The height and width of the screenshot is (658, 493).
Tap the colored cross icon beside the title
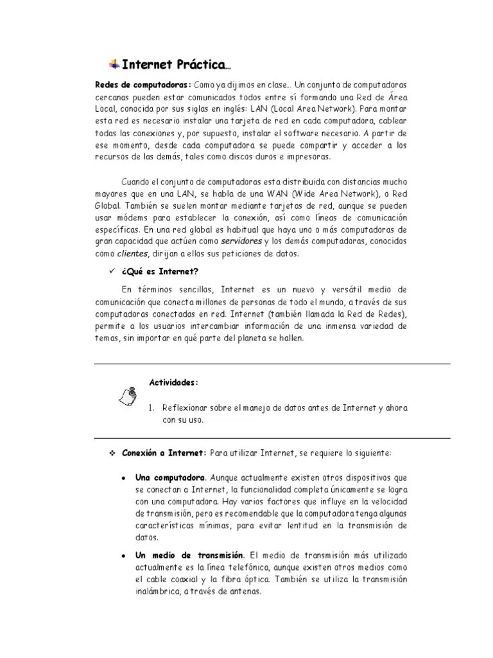coord(114,63)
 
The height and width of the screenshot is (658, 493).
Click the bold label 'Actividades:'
coord(174,382)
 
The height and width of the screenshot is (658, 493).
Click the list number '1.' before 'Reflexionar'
coord(151,408)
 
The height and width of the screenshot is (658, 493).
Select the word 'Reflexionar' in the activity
coord(186,408)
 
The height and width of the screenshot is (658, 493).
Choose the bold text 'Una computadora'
coord(170,479)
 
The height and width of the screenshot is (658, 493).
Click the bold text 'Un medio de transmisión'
coord(189,555)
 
